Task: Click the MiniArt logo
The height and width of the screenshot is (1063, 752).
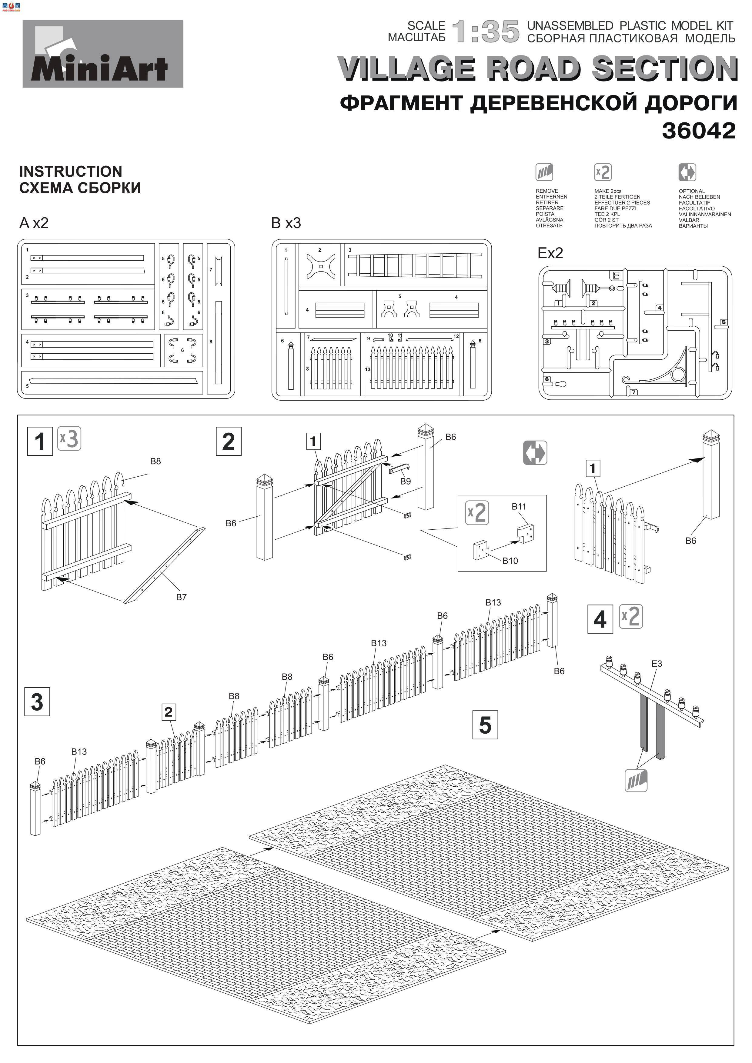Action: point(103,54)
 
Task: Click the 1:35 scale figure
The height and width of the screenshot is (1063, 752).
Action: point(486,32)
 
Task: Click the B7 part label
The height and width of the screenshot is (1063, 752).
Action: point(181,597)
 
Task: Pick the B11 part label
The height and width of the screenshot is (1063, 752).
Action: point(519,506)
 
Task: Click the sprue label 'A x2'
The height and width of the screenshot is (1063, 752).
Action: point(34,223)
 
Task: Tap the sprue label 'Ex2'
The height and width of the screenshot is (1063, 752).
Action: point(550,253)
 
